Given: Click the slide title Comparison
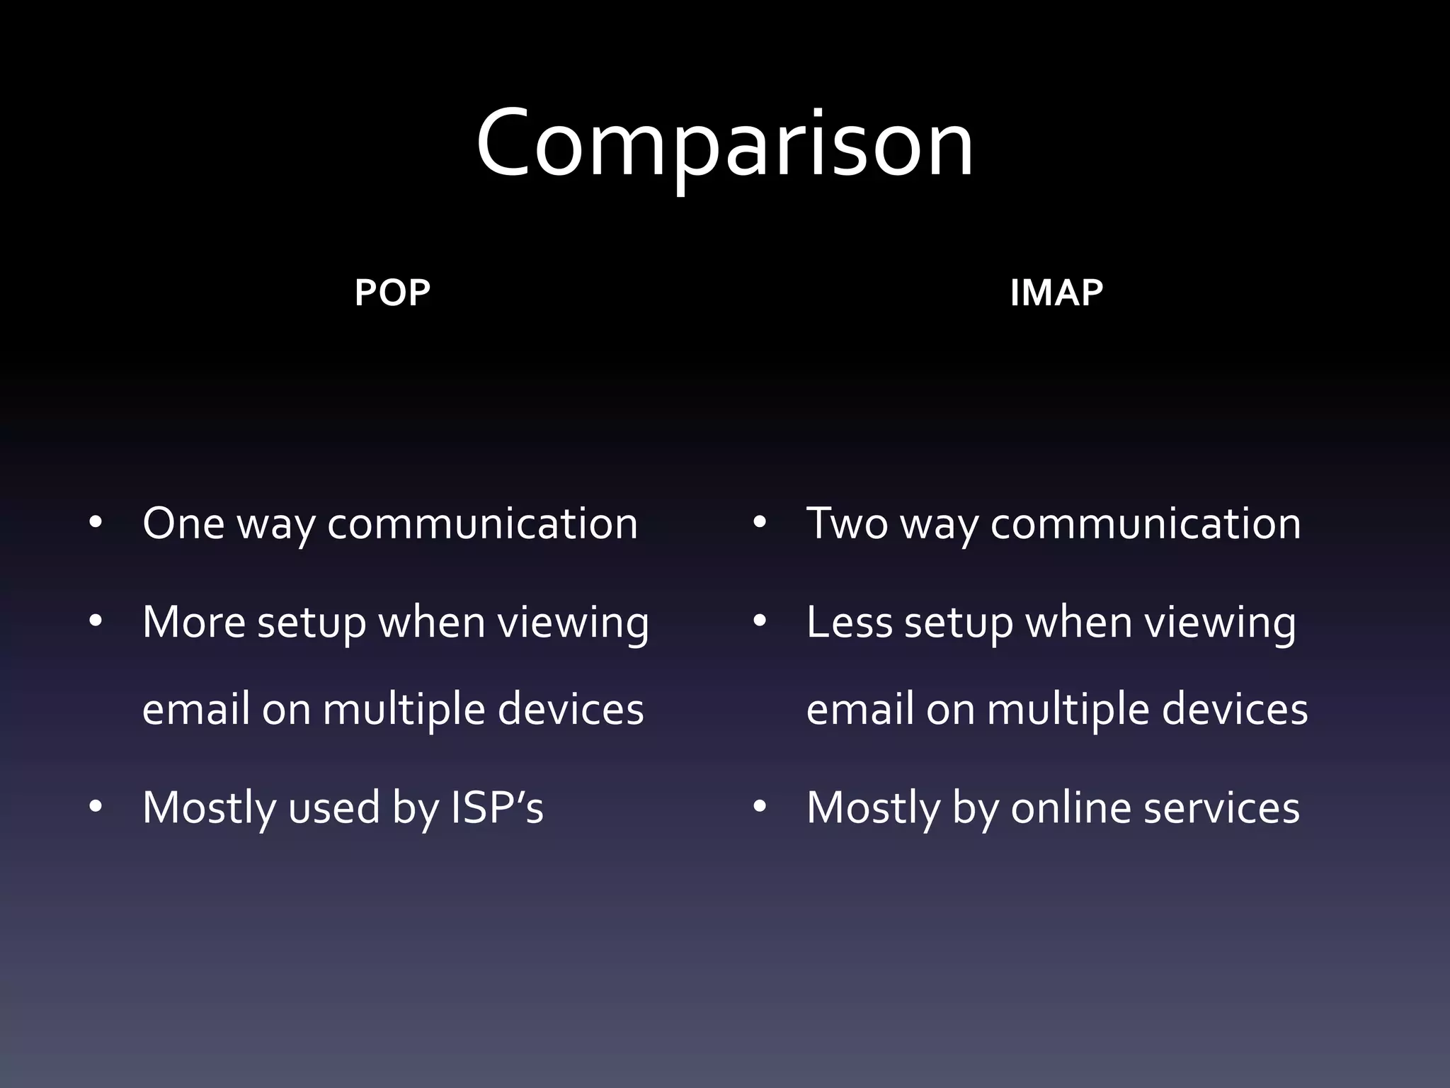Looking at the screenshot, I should tap(724, 144).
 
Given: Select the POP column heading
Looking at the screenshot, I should tap(392, 293).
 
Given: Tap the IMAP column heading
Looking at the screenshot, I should tap(1056, 293).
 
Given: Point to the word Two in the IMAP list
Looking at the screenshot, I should tap(847, 524).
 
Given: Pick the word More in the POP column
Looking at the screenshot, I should tap(194, 623).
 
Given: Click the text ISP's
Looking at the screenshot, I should tap(497, 807).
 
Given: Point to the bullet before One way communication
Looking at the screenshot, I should tap(96, 523).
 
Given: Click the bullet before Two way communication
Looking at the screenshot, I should tap(760, 523).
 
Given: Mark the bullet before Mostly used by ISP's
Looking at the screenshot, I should tap(96, 807).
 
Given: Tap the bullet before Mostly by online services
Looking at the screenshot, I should tap(760, 807).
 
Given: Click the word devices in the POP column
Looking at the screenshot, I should tap(571, 709).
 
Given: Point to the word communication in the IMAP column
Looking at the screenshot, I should tap(1146, 524).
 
